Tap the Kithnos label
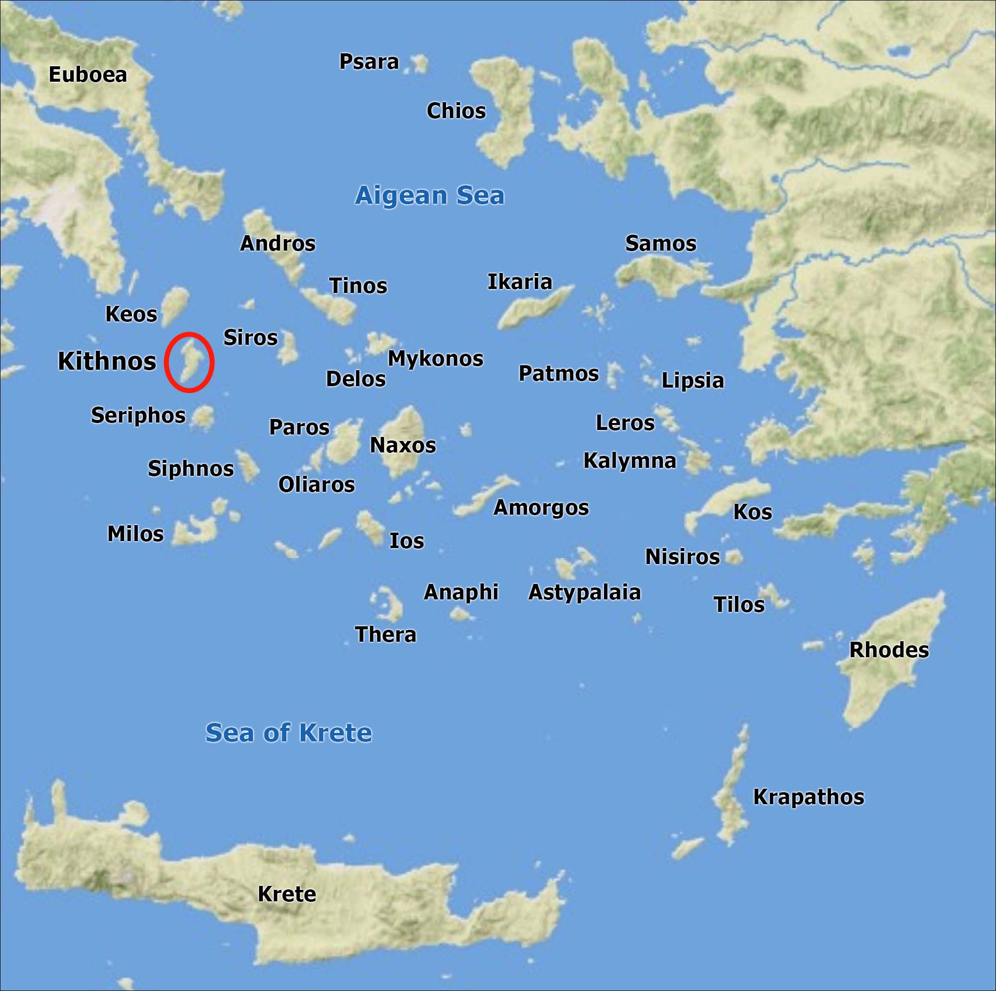click(x=107, y=361)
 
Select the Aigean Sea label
click(x=429, y=195)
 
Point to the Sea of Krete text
click(x=288, y=732)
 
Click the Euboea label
click(x=88, y=75)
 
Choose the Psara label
click(x=369, y=62)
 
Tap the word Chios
click(x=456, y=111)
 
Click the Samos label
click(x=660, y=244)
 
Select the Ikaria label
click(x=519, y=282)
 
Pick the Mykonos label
click(x=435, y=359)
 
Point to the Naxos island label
click(x=402, y=445)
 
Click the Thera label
click(x=385, y=635)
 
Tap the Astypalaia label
click(x=584, y=592)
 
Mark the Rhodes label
click(x=889, y=650)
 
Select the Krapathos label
click(x=808, y=797)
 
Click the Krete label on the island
click(x=287, y=894)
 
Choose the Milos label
click(x=135, y=534)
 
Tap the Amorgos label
click(x=541, y=508)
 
